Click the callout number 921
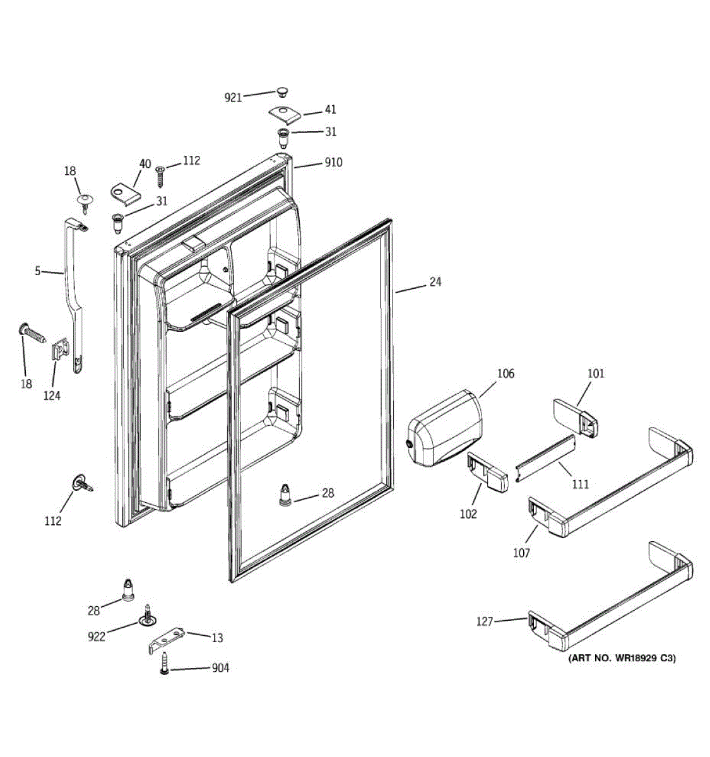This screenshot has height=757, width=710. point(233,98)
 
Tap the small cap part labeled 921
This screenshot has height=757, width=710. point(281,91)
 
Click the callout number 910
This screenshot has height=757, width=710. point(333,163)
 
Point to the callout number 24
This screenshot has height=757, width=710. point(435,282)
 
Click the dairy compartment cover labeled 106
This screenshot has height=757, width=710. point(444,430)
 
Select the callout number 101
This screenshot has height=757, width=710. point(595,373)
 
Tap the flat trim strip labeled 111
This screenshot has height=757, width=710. point(546,457)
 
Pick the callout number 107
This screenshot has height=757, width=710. point(521,553)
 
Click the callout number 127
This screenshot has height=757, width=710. point(484,622)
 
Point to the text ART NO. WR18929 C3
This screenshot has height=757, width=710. point(622,659)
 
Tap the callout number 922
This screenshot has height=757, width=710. point(97,637)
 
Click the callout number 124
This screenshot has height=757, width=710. point(52,396)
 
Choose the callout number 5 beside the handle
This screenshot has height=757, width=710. point(38,271)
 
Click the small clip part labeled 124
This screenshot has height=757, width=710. point(58,349)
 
